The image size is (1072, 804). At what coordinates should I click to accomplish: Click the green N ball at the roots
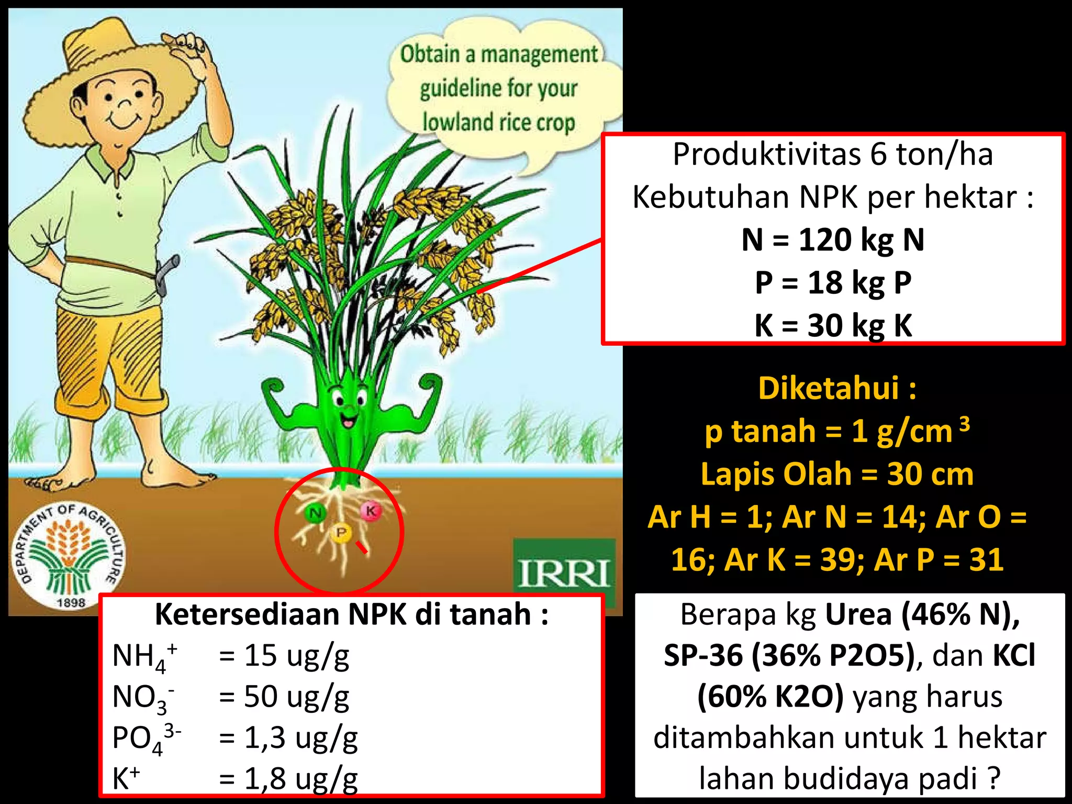tap(315, 513)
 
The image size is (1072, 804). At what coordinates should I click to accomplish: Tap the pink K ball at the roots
tap(371, 511)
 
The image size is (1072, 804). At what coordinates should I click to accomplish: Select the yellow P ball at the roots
tap(341, 533)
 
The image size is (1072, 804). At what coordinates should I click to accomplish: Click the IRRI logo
tap(564, 571)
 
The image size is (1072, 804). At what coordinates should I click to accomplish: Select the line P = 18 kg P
tap(833, 283)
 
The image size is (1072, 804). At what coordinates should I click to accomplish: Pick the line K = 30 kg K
tap(833, 325)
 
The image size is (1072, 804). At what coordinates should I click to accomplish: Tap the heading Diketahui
tap(830, 388)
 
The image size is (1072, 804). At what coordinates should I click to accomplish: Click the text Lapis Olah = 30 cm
tap(837, 474)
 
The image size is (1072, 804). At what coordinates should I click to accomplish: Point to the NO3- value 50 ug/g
tap(296, 697)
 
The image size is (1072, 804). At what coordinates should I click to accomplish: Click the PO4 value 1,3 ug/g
tap(300, 737)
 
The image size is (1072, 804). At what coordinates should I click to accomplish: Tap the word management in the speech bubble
tap(539, 54)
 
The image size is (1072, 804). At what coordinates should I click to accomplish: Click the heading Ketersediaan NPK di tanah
tap(351, 614)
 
